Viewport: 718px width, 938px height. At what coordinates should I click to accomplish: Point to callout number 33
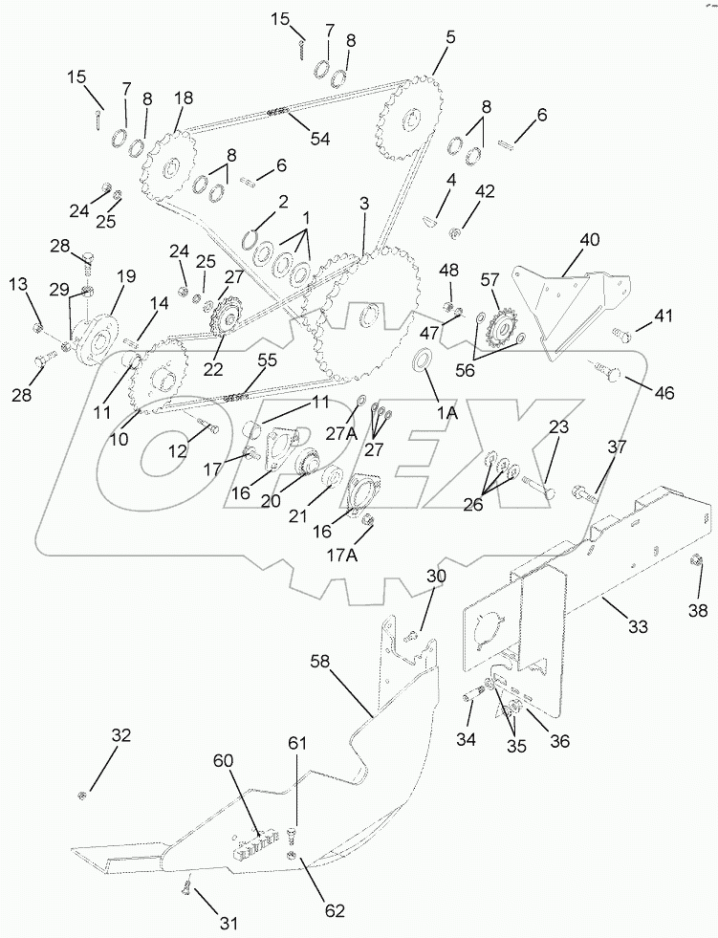637,627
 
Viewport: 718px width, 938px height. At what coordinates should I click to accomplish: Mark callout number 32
120,736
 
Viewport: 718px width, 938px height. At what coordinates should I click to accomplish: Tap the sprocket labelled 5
411,122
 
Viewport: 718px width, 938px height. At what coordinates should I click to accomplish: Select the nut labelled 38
697,575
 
